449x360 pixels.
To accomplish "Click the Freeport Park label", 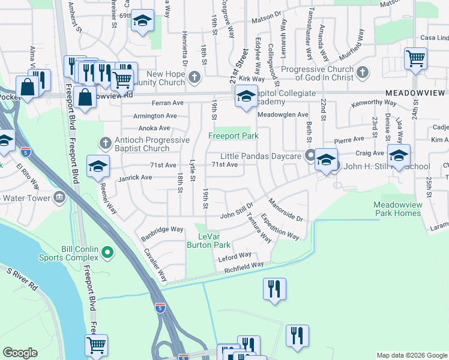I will pyautogui.click(x=233, y=136).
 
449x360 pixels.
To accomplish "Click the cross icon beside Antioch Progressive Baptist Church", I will pyautogui.click(x=105, y=143).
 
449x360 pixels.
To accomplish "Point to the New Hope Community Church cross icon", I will pyautogui.click(x=194, y=77).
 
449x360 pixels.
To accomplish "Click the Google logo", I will pyautogui.click(x=20, y=353).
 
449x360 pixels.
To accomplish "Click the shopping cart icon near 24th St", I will pyautogui.click(x=415, y=59).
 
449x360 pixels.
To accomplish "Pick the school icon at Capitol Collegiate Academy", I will pyautogui.click(x=246, y=96).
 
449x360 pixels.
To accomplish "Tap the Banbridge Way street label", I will pyautogui.click(x=162, y=229).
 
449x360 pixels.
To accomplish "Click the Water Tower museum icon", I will pyautogui.click(x=59, y=197).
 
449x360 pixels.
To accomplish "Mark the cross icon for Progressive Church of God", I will pyautogui.click(x=361, y=73).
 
